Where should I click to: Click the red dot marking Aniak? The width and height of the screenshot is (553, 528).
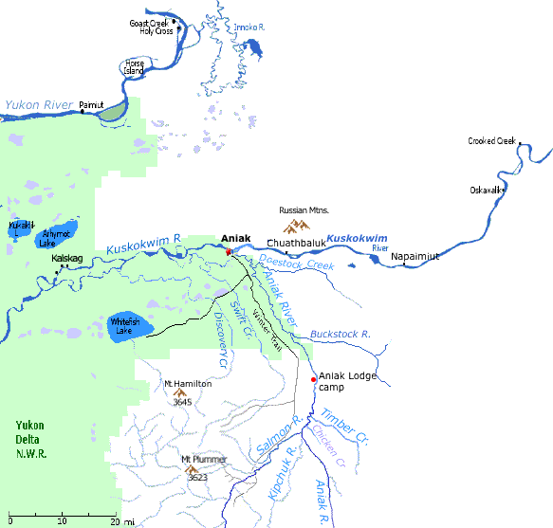pyautogui.click(x=229, y=251)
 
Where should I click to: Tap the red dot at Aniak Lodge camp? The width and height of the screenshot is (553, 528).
pyautogui.click(x=314, y=379)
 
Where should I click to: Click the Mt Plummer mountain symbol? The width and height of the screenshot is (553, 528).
pyautogui.click(x=192, y=468)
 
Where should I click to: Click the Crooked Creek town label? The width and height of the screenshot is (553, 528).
pyautogui.click(x=491, y=141)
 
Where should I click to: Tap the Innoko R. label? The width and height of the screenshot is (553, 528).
pyautogui.click(x=249, y=28)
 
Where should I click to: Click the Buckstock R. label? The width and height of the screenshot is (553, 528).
pyautogui.click(x=340, y=335)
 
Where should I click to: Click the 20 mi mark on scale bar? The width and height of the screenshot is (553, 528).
pyautogui.click(x=113, y=520)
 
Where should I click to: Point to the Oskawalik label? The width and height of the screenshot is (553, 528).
pyautogui.click(x=488, y=189)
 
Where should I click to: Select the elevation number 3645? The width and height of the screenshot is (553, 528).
pyautogui.click(x=183, y=402)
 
